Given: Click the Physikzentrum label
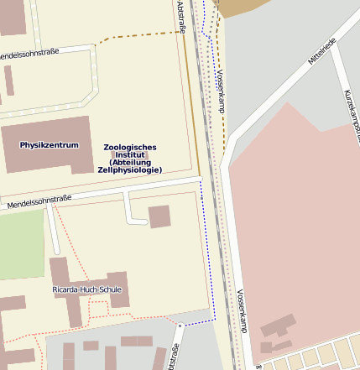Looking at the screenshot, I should click(50, 145).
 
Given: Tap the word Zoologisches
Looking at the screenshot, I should click(130, 148).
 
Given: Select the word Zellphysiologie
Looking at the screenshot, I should click(130, 170).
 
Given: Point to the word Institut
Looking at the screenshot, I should click(130, 155).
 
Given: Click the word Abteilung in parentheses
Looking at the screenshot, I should click(131, 163).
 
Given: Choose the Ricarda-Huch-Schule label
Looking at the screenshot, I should click(86, 289).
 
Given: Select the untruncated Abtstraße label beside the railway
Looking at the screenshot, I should click(182, 18).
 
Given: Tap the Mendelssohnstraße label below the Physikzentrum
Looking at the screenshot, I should click(39, 202).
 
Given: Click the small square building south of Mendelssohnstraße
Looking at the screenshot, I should click(159, 216).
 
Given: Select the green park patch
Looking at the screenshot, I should click(21, 243).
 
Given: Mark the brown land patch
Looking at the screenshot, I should click(239, 7).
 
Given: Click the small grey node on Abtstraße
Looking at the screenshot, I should click(180, 325).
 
